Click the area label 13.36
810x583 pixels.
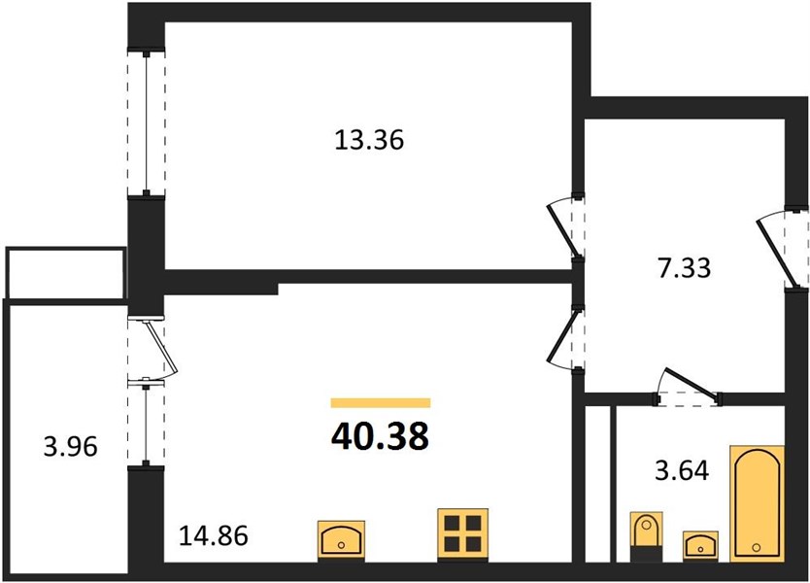(369, 140)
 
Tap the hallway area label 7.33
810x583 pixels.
(685, 269)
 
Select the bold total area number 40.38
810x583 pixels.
(380, 436)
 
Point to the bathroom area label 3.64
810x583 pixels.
(682, 471)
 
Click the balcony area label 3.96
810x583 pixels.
(70, 447)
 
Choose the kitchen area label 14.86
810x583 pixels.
(214, 536)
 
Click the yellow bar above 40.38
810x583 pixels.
(381, 402)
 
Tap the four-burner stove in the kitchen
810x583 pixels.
(463, 534)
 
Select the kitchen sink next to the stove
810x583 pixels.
(341, 539)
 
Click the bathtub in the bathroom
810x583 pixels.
(757, 503)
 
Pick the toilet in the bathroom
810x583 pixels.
(647, 536)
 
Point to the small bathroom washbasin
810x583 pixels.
(700, 545)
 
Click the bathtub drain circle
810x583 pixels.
(757, 547)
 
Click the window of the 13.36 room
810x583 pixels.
(147, 123)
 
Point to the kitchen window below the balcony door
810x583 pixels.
(147, 424)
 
